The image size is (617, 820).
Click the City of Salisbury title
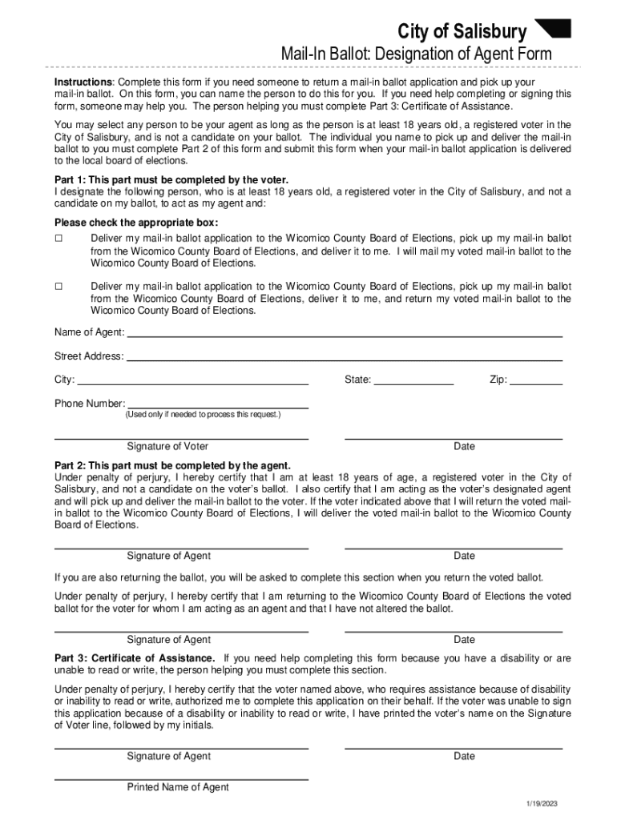click(462, 32)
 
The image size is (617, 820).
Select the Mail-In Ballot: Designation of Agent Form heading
click(415, 54)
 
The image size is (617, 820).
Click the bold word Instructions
click(83, 82)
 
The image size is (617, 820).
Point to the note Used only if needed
click(203, 415)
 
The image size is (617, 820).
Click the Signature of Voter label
click(167, 446)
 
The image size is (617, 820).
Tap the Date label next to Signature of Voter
click(464, 446)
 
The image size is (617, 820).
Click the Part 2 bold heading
click(172, 465)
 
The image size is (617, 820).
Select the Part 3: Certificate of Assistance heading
click(135, 658)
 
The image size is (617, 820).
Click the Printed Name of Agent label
click(178, 787)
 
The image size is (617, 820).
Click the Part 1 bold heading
click(171, 179)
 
